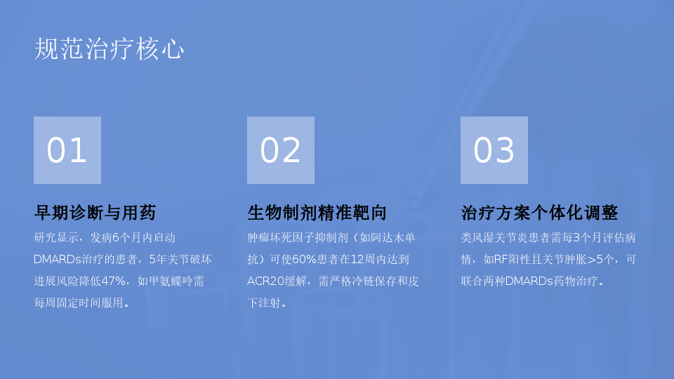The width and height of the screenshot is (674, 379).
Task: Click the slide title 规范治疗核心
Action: [x=110, y=48]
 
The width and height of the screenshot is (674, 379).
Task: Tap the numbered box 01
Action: [x=67, y=150]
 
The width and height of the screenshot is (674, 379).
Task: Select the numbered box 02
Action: [x=281, y=150]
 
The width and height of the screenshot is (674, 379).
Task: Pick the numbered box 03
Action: [x=494, y=150]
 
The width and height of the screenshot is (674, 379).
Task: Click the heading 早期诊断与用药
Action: [x=95, y=213]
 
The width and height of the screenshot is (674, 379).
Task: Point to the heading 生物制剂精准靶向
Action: [x=317, y=213]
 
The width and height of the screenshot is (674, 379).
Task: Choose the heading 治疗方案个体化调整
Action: [x=539, y=213]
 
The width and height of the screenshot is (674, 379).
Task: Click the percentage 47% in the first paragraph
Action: [x=113, y=281]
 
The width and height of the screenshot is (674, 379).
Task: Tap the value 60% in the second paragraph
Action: [x=304, y=260]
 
